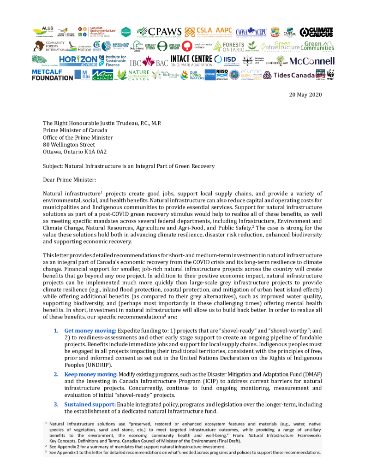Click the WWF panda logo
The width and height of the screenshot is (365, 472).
point(331,75)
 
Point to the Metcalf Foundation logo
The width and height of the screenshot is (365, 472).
point(52,75)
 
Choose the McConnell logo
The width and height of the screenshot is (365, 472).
point(312,60)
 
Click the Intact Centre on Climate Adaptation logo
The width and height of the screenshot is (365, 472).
point(191,61)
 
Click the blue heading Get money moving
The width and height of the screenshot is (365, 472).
point(90,331)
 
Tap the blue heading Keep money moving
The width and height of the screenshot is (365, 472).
point(91,374)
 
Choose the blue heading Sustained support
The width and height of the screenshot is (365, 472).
point(90,404)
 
